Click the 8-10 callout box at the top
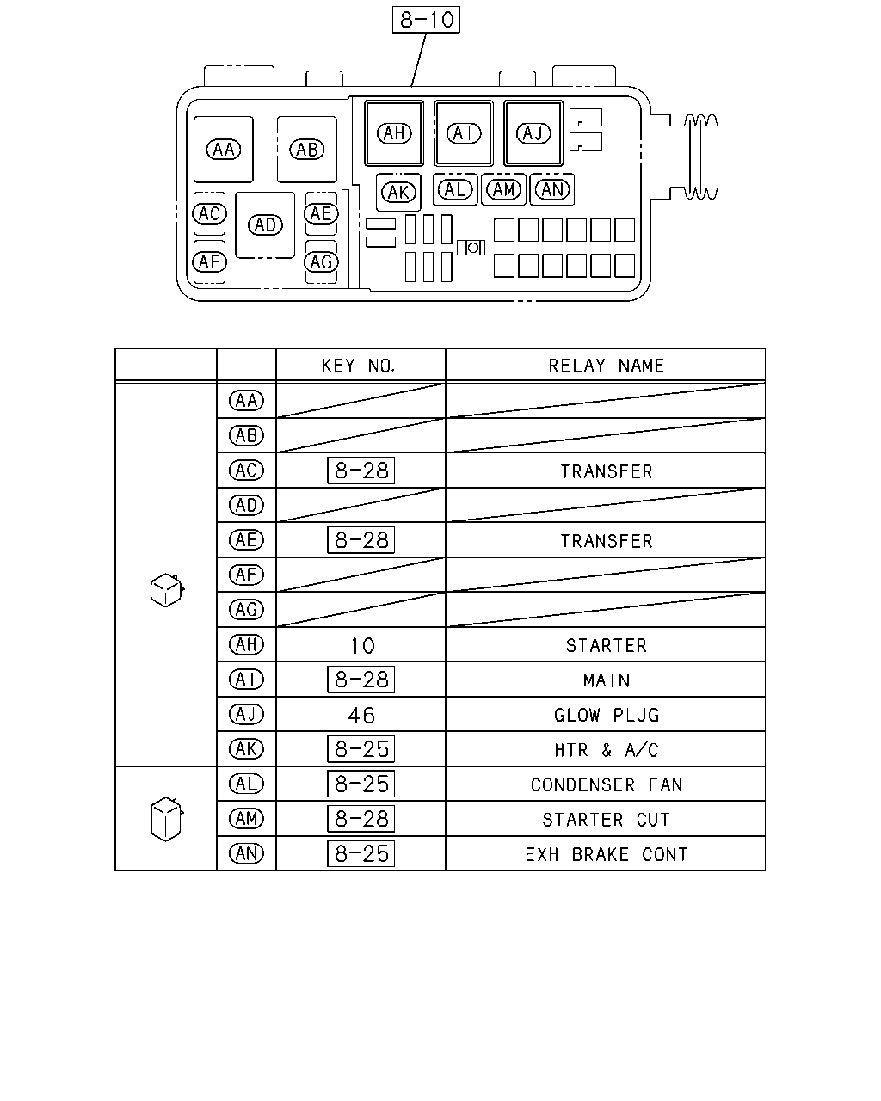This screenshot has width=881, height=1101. (x=426, y=20)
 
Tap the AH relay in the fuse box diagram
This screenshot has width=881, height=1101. (x=394, y=133)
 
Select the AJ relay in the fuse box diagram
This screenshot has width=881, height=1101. (x=533, y=133)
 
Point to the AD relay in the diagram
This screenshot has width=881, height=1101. (x=265, y=225)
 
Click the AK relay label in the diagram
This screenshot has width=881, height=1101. (x=398, y=193)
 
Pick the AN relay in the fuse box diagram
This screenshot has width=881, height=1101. (x=551, y=189)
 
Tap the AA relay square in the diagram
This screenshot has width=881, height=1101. (x=223, y=150)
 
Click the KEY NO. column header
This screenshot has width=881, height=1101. (x=359, y=366)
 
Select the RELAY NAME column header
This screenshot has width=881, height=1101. (x=606, y=366)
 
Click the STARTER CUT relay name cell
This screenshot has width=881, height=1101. (x=606, y=820)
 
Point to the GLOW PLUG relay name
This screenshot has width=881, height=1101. (x=607, y=716)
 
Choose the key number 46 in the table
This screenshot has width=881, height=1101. (x=361, y=716)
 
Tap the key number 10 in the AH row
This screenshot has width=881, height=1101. (x=362, y=646)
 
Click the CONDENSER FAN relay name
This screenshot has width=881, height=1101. (x=607, y=784)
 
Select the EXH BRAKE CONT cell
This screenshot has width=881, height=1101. (x=607, y=854)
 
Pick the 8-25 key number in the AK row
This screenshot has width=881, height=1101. (x=360, y=749)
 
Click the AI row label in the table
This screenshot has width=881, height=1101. (x=246, y=680)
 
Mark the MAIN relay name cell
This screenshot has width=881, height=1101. (x=607, y=680)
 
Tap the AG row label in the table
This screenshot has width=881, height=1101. (x=246, y=609)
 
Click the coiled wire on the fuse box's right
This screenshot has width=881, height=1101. (x=701, y=157)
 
